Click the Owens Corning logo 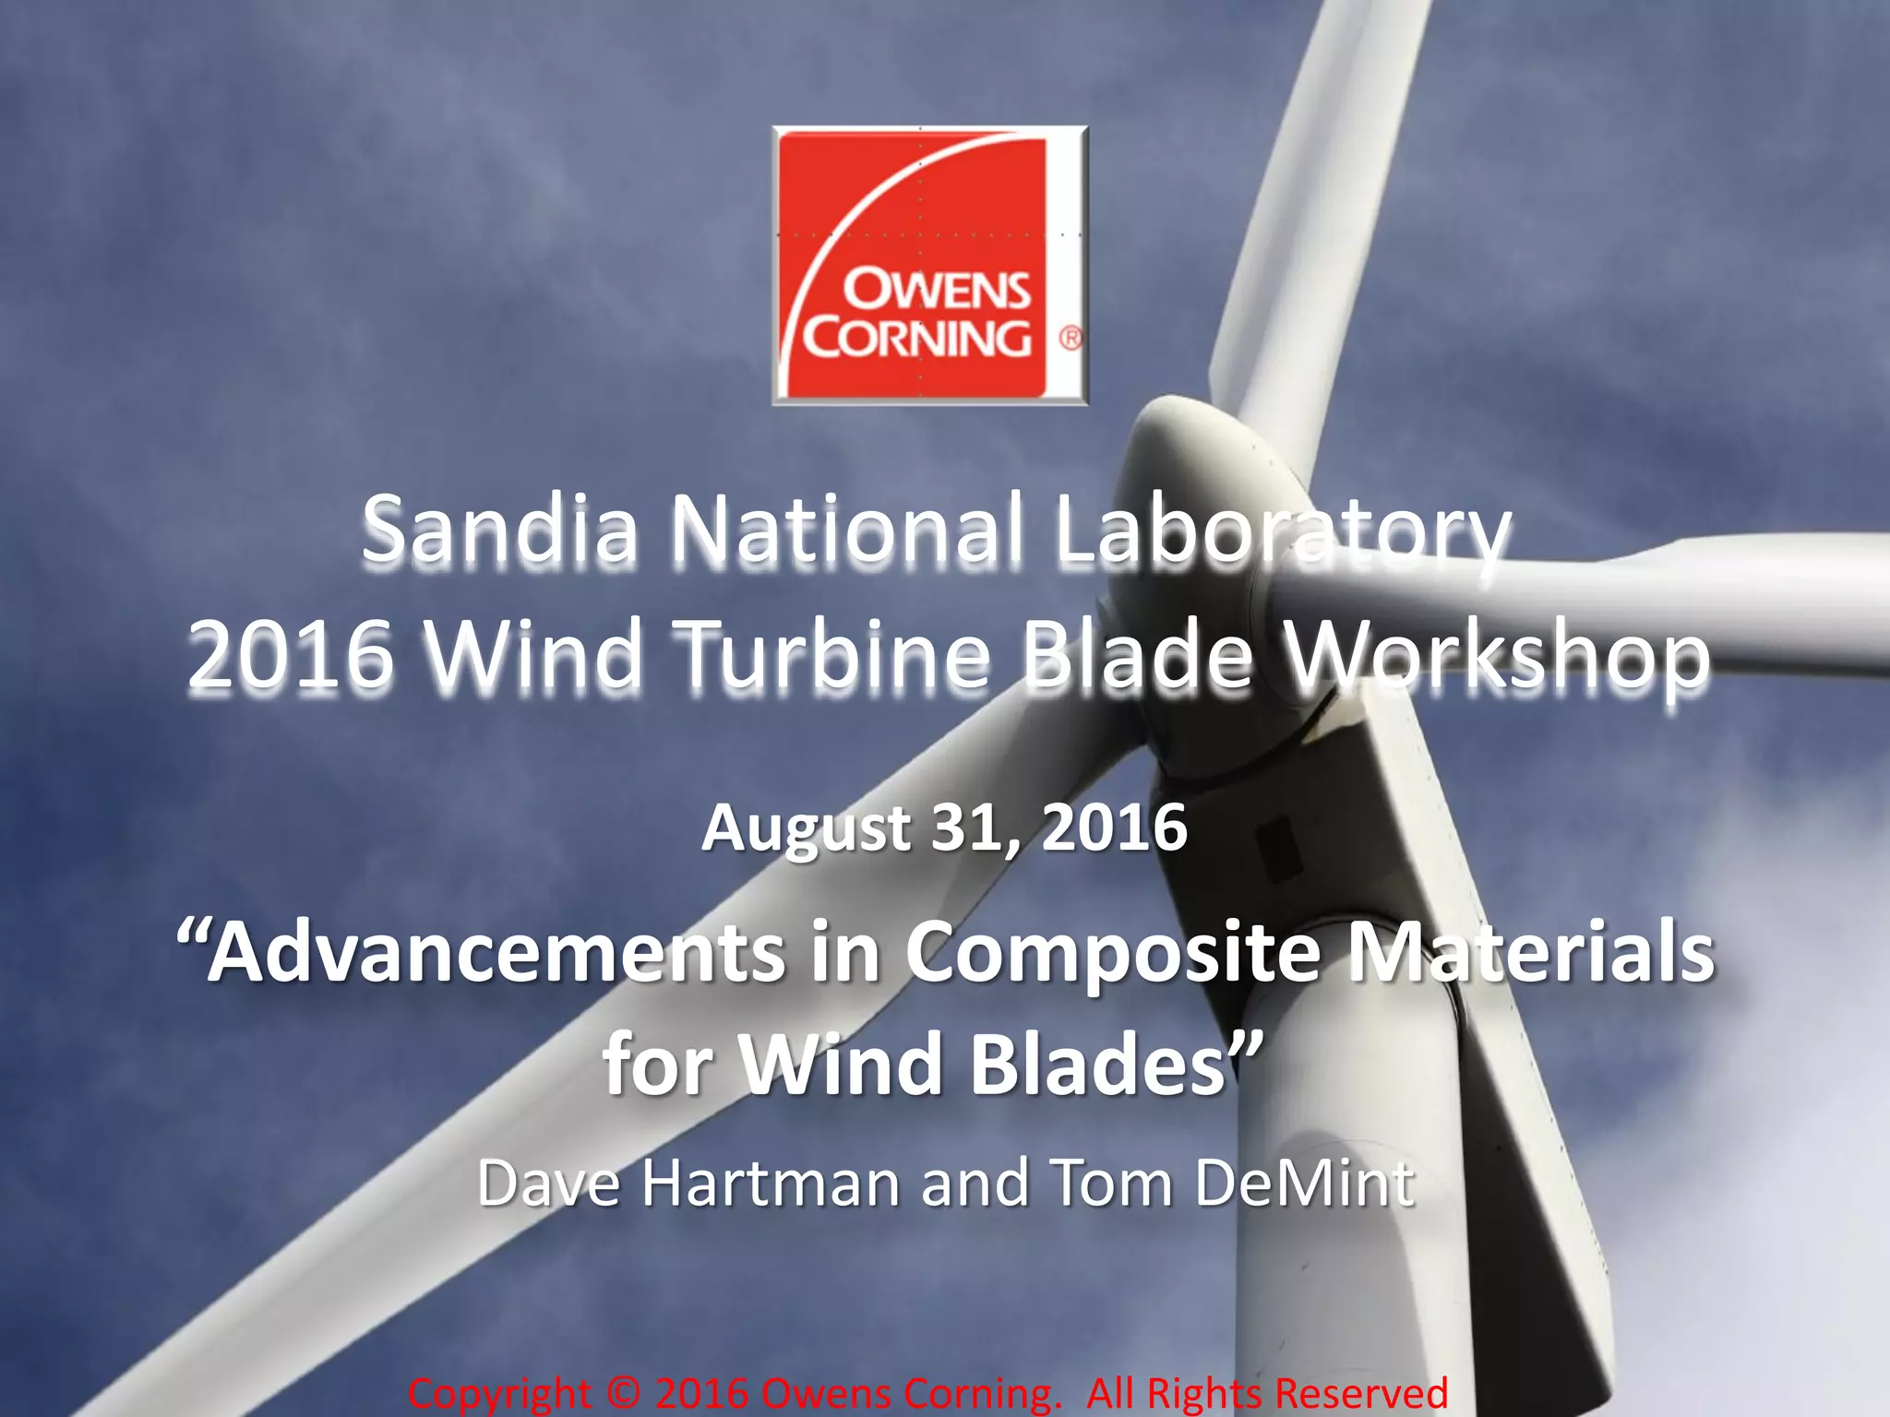(x=929, y=266)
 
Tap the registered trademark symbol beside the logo (x=1070, y=339)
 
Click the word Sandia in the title (x=499, y=531)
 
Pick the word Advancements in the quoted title (x=498, y=953)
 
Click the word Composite (x=1111, y=953)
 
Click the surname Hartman (x=771, y=1183)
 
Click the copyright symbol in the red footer (x=624, y=1393)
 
